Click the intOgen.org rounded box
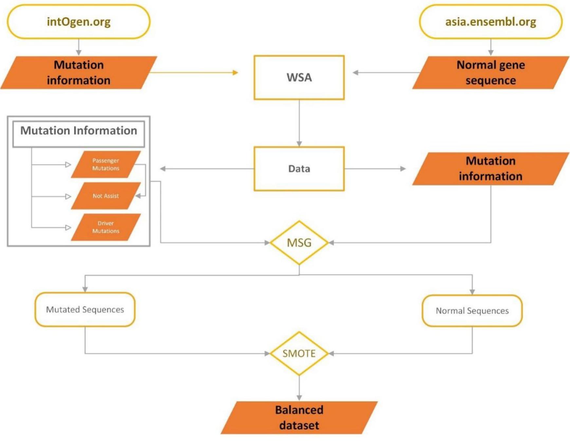(x=79, y=22)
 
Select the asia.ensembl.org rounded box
(x=490, y=22)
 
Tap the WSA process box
(x=299, y=77)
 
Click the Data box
(x=299, y=169)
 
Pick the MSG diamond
(x=299, y=243)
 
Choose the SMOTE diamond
(x=299, y=353)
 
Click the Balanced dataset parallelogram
(x=299, y=417)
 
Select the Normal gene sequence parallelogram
(x=490, y=72)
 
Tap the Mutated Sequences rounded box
(x=85, y=310)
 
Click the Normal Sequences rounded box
(x=472, y=311)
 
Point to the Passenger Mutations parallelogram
(x=105, y=164)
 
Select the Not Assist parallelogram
(x=105, y=196)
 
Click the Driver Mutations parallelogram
(x=105, y=227)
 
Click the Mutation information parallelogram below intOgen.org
(x=79, y=72)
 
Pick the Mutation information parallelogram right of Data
(x=490, y=169)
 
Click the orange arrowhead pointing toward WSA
(x=235, y=72)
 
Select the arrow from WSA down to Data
(x=299, y=123)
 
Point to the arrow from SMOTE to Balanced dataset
(x=299, y=388)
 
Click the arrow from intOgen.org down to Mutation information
(x=79, y=47)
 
